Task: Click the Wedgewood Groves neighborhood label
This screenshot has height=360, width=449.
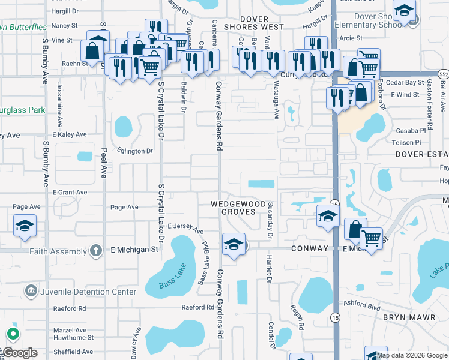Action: (238, 208)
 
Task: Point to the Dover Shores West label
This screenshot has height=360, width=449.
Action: (254, 23)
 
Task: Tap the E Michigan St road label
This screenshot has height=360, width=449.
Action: (134, 248)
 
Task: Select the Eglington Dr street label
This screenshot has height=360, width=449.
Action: (135, 151)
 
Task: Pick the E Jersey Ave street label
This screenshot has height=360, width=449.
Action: (185, 228)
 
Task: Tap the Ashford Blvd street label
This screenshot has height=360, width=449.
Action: (361, 305)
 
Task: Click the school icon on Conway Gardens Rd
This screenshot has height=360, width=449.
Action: (233, 244)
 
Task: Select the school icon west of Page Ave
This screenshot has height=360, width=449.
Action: (25, 226)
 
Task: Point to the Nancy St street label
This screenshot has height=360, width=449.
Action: (65, 26)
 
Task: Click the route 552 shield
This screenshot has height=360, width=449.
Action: (443, 73)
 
